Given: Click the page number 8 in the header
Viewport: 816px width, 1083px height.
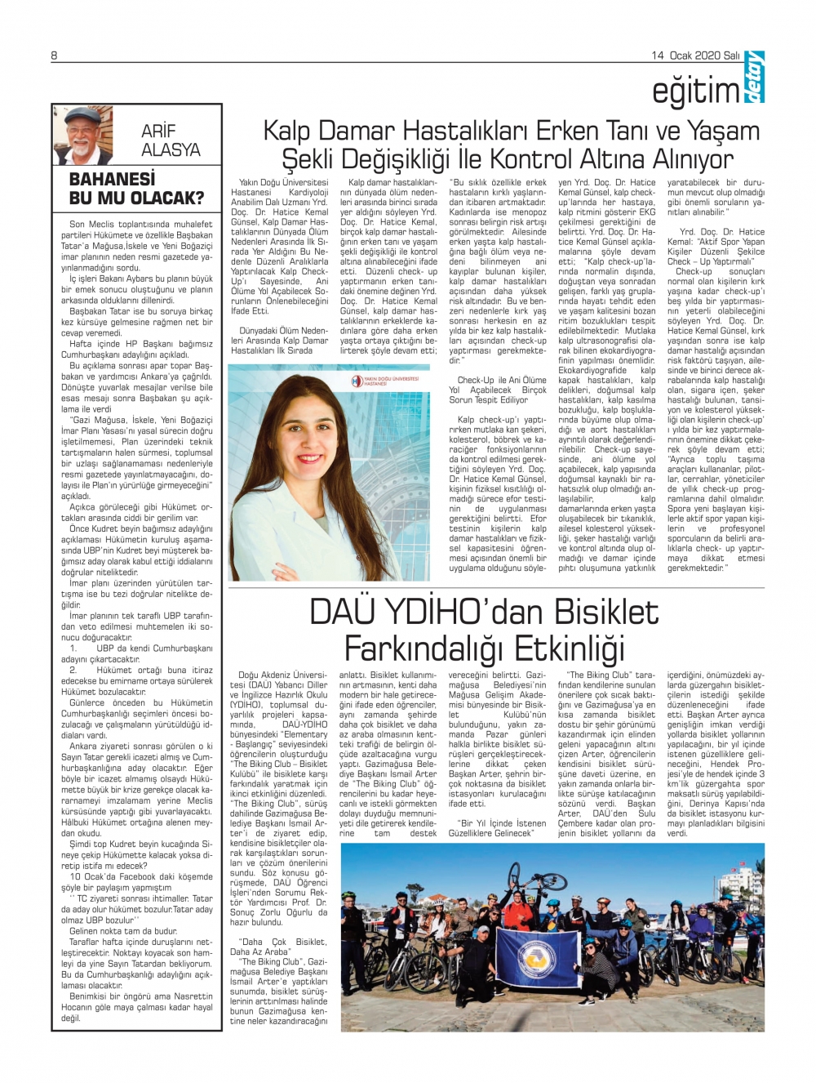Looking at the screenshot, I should coord(54,56).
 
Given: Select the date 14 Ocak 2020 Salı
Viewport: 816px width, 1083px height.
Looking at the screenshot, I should coord(695,56).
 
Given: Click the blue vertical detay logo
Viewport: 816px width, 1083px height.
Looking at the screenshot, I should coord(754,77).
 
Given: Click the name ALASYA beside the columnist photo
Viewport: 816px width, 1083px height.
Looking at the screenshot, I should coord(171,149).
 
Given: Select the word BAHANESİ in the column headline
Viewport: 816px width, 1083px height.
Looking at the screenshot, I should coord(112,179).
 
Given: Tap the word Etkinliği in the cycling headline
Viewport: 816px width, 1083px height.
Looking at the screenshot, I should coord(579,649).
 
